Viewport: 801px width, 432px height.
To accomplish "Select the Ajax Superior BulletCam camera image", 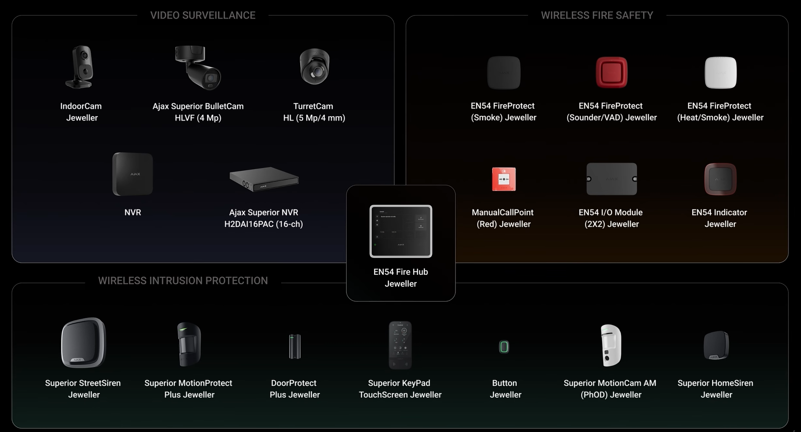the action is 198,67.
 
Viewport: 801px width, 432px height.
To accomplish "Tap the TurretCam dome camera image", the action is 314,67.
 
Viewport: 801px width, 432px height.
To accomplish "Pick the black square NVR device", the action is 132,174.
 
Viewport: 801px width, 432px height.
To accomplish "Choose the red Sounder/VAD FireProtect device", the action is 612,72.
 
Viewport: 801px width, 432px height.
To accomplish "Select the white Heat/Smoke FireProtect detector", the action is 721,73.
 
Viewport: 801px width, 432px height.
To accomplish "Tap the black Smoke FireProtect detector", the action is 503,73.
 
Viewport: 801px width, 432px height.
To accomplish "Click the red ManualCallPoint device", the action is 504,179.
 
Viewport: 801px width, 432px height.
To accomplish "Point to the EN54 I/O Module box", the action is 612,179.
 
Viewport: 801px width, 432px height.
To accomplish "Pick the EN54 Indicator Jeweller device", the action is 720,179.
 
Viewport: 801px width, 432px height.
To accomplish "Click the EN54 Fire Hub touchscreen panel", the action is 401,231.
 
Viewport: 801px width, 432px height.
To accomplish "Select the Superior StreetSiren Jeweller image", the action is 83,343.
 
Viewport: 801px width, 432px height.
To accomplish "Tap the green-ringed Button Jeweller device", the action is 504,346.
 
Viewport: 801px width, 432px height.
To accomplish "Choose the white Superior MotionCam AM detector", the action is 611,345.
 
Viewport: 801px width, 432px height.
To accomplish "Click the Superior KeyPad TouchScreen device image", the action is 400,345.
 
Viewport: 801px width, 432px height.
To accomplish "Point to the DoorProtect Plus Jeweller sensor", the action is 295,346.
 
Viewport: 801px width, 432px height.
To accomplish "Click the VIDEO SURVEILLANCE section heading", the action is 203,15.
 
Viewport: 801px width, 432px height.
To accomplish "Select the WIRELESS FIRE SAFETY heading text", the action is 597,15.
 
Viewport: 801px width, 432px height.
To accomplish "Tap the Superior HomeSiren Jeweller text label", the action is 716,389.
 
